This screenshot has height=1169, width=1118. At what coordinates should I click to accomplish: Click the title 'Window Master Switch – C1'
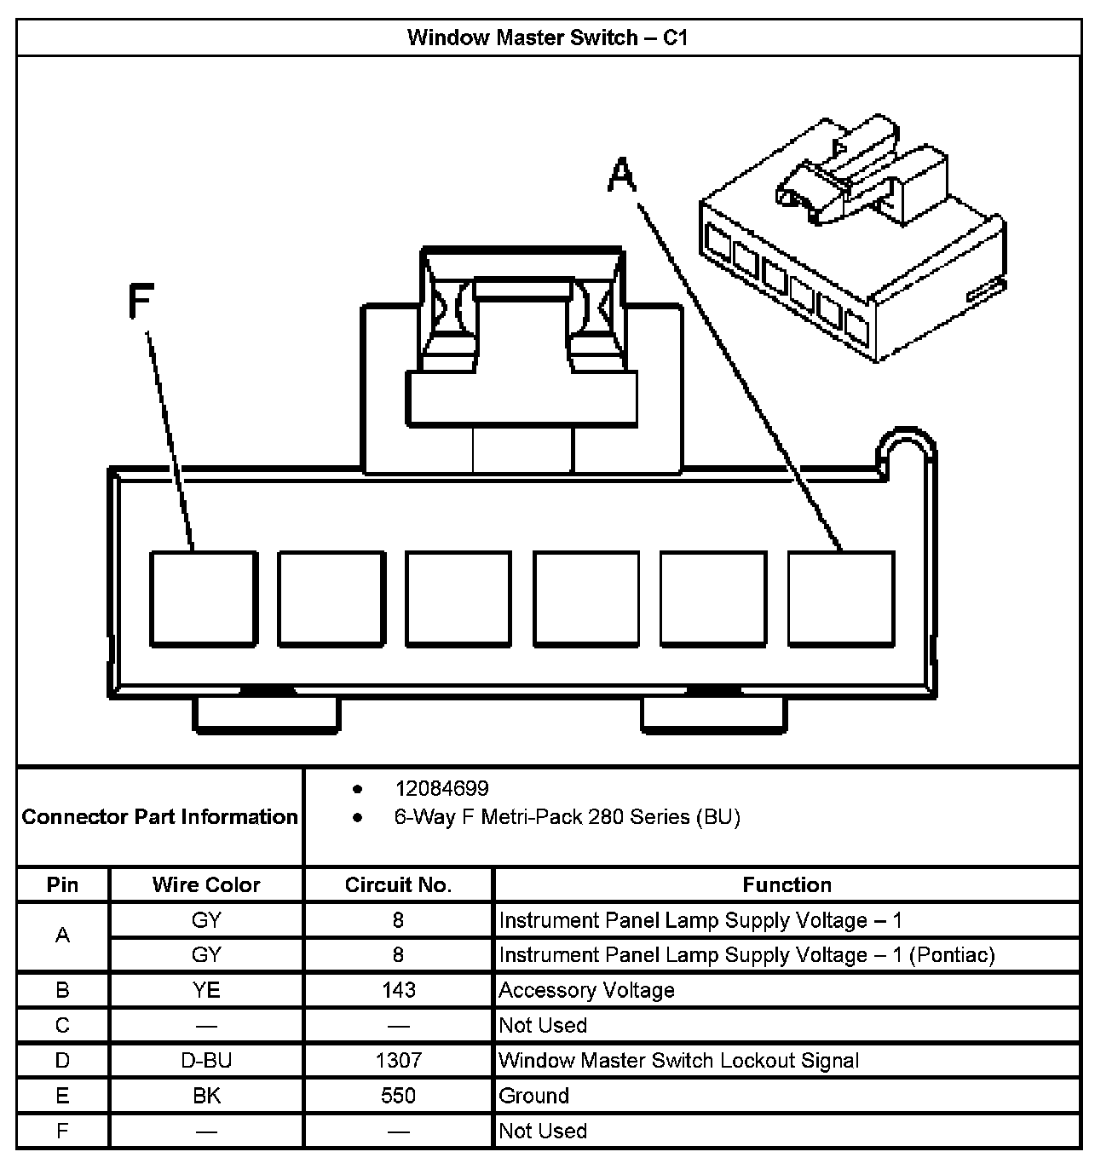547,37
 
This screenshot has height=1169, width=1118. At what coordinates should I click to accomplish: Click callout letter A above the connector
622,175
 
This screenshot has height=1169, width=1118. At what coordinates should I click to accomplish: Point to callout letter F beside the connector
140,301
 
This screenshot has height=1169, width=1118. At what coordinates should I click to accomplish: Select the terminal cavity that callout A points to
840,598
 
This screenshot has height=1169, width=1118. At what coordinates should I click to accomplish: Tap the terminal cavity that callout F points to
204,598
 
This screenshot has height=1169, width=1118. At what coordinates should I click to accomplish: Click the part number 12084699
441,789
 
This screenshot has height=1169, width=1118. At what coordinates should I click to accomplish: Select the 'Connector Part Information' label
160,817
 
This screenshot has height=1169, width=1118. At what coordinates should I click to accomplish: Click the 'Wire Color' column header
206,885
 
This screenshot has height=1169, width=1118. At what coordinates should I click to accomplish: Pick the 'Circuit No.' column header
398,885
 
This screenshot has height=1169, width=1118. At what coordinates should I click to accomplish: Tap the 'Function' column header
787,885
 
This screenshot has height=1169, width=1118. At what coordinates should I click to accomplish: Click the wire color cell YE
206,990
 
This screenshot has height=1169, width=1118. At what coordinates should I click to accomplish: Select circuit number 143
398,990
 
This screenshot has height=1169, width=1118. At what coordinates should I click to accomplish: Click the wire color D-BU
206,1061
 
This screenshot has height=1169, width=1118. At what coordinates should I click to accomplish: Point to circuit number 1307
398,1061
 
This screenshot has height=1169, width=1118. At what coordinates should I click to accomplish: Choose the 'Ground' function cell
534,1096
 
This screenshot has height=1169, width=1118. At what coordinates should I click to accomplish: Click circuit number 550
398,1096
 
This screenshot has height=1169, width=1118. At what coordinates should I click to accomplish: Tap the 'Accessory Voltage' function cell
586,990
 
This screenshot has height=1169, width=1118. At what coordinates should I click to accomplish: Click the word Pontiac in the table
951,955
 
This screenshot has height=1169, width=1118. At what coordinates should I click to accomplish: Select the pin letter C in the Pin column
62,1025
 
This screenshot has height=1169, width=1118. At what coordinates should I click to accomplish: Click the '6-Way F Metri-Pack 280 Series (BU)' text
567,818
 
